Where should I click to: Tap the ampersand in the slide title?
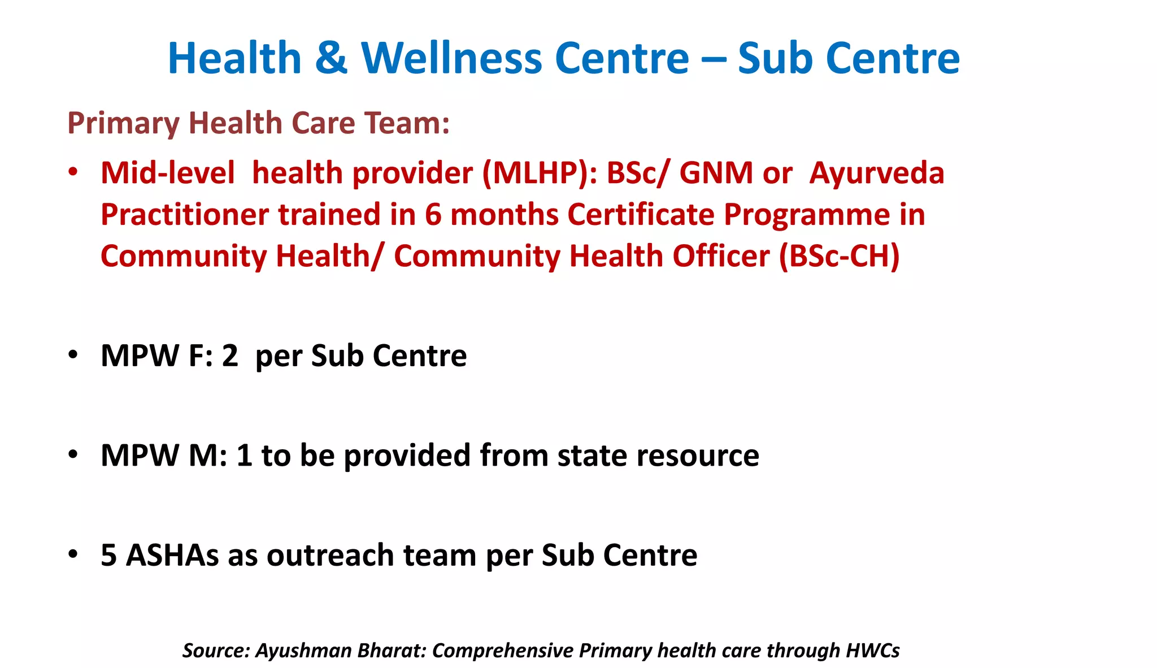pos(331,58)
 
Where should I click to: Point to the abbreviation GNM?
pos(716,172)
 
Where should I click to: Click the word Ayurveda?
pos(876,172)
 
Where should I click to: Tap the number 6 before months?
pos(433,215)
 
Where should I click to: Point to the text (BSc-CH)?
pos(839,256)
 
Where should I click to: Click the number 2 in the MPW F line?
pos(230,355)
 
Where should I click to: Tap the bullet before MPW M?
pos(72,454)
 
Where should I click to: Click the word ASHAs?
pos(172,555)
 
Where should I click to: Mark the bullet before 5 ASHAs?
pos(72,554)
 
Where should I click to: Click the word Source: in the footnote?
pos(216,650)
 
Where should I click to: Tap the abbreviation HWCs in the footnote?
pos(872,650)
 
